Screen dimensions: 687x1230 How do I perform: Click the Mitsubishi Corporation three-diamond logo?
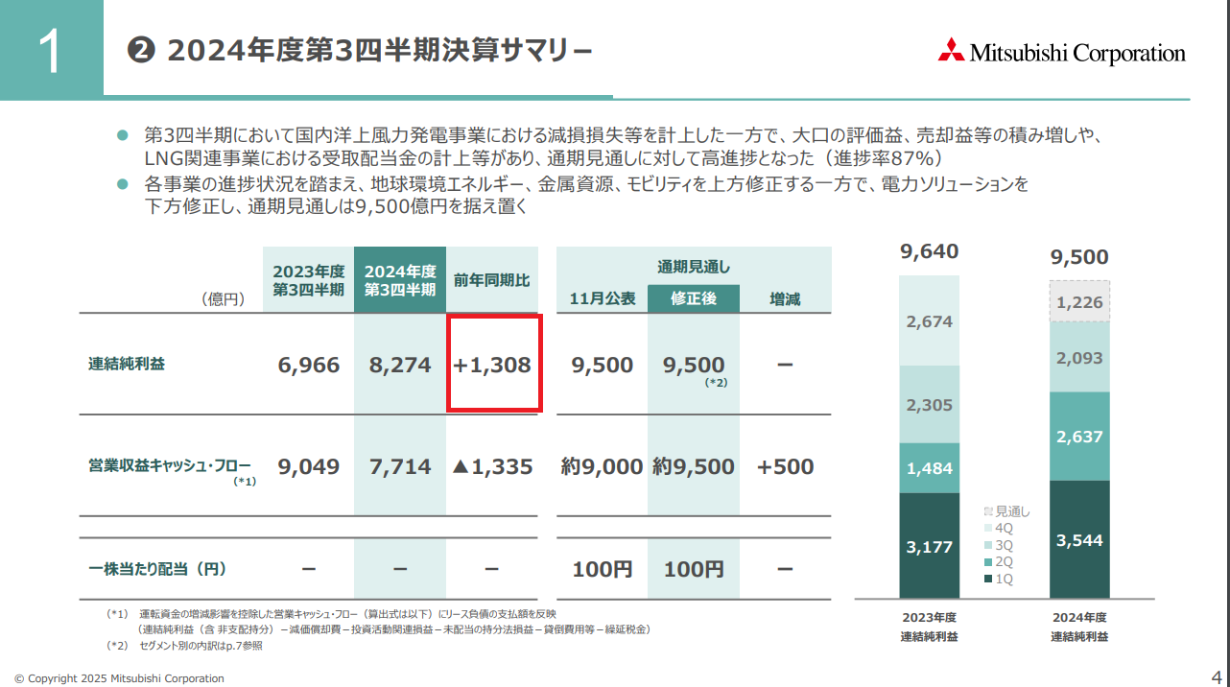tap(951, 51)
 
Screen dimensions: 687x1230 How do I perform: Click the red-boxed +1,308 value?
tap(493, 366)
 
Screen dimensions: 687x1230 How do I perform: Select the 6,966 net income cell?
tap(308, 366)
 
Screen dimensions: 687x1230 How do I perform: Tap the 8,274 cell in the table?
tap(400, 366)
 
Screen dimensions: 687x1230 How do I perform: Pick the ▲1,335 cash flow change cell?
tap(492, 467)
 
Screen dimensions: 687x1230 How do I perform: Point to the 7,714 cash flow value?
tap(400, 467)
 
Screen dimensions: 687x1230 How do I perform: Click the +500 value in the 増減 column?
tap(785, 467)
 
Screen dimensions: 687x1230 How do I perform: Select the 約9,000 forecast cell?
tap(602, 467)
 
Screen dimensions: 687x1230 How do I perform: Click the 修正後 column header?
tap(694, 298)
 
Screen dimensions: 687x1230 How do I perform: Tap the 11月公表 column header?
tap(602, 298)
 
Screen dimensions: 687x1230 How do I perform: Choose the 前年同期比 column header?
tap(492, 280)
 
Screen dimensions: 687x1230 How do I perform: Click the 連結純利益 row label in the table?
tap(127, 364)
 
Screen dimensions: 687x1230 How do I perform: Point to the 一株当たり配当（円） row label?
tap(157, 569)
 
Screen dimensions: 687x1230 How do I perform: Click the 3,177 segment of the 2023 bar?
tap(929, 547)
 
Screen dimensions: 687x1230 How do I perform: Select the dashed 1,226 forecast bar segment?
tap(1079, 302)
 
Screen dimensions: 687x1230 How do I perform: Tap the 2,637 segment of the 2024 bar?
tap(1079, 437)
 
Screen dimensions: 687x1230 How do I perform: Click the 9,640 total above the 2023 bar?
tap(929, 252)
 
